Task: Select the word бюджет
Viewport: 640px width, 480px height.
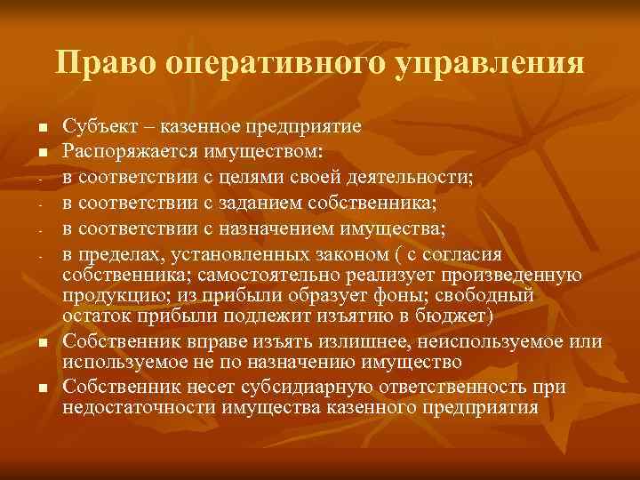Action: click(450, 316)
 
